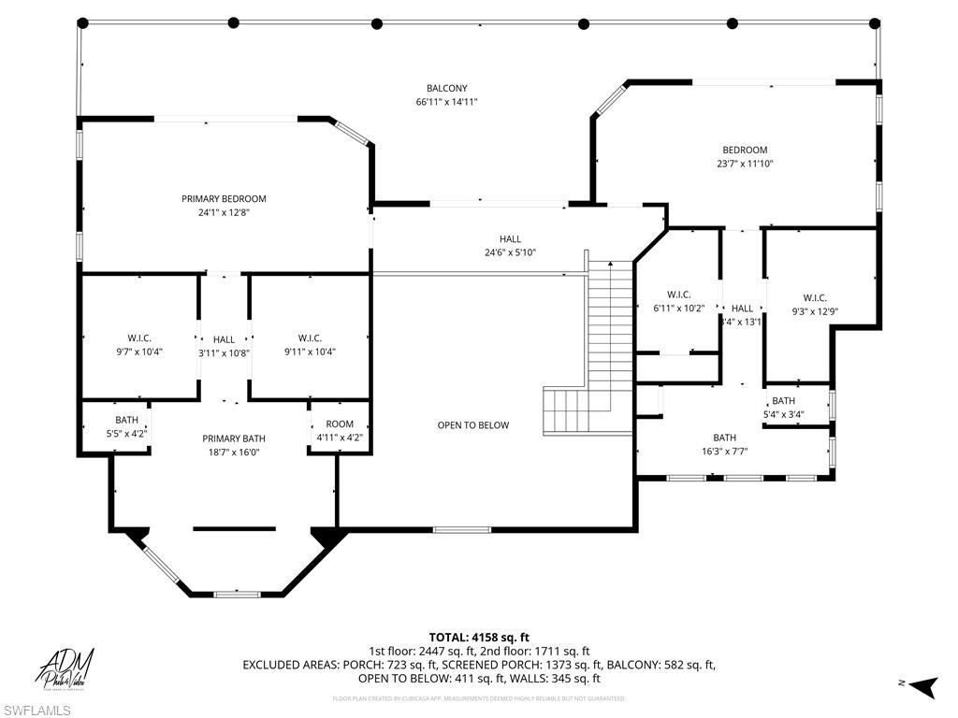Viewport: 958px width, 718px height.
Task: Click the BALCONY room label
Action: tap(447, 88)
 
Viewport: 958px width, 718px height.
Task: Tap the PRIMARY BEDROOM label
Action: tap(224, 198)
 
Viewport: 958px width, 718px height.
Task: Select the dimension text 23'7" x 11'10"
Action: tap(744, 164)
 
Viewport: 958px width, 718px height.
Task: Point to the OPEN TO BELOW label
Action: tap(473, 425)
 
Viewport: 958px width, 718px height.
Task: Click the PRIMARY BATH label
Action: tap(234, 438)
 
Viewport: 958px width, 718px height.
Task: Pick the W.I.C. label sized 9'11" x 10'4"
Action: tap(310, 338)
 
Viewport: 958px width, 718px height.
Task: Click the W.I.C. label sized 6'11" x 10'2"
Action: tap(678, 294)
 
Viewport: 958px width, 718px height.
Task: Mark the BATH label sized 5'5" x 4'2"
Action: tap(126, 420)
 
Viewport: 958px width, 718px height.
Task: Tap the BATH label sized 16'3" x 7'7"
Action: tap(724, 438)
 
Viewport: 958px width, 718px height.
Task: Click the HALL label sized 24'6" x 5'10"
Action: tap(510, 239)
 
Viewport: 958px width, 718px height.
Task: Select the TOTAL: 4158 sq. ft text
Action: tap(479, 637)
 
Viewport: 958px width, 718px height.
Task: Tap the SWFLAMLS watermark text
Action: tap(36, 711)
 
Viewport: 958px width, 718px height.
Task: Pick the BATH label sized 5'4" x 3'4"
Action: tap(783, 401)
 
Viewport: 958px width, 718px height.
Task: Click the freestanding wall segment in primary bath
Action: tap(234, 529)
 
